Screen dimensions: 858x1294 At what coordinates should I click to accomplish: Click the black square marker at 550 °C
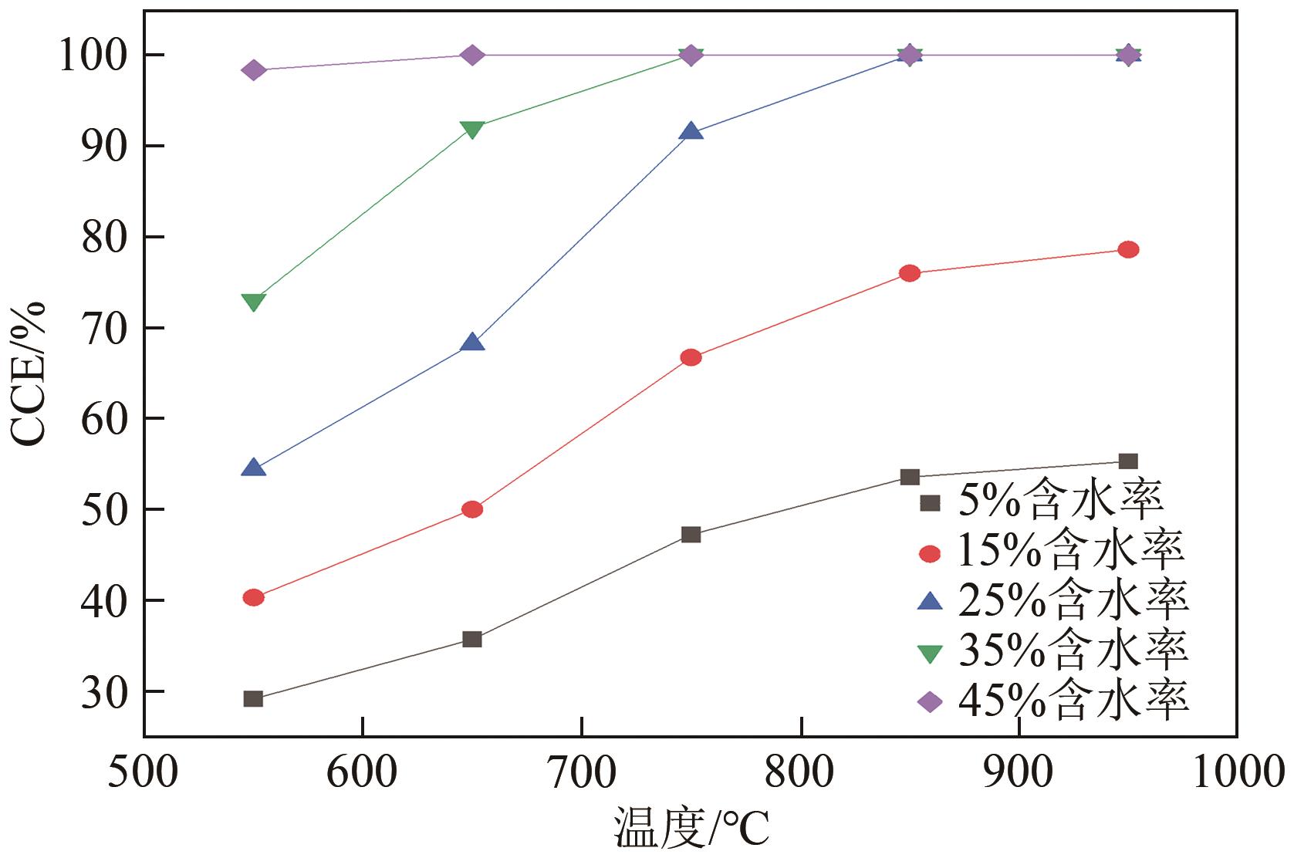click(253, 699)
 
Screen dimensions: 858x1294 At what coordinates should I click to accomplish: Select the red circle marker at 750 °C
click(691, 357)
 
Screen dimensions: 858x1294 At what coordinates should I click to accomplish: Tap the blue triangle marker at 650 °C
click(472, 343)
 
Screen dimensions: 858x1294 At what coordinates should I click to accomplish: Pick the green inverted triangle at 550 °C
click(253, 302)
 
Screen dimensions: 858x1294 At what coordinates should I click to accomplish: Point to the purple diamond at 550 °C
click(253, 70)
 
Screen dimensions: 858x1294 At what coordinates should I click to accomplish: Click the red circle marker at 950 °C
click(1128, 249)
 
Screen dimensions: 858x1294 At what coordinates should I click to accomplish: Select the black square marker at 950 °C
click(1128, 461)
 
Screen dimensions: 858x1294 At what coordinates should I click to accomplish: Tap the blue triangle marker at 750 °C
click(691, 132)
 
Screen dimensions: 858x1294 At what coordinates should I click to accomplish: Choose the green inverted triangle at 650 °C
click(472, 129)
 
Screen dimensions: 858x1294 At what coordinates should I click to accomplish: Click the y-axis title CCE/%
click(29, 373)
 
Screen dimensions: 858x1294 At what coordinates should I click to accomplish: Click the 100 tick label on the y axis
click(91, 56)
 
